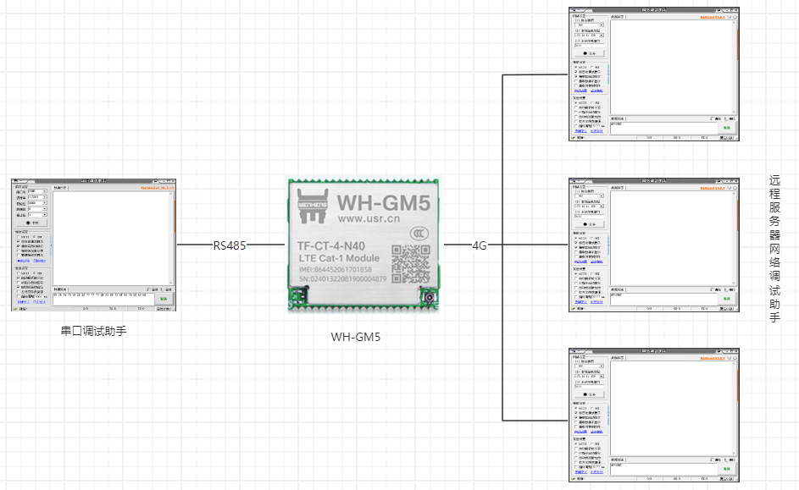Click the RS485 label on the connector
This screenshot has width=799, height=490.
pyautogui.click(x=230, y=245)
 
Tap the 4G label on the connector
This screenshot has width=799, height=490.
pyautogui.click(x=480, y=245)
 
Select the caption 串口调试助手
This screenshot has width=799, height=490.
pyautogui.click(x=94, y=331)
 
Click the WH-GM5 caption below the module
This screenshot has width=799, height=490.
pyautogui.click(x=356, y=337)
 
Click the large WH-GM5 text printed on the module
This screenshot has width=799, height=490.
pyautogui.click(x=384, y=204)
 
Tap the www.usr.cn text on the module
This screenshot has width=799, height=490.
pyautogui.click(x=375, y=219)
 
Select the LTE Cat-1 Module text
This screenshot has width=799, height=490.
pyautogui.click(x=339, y=258)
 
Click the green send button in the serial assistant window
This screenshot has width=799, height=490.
pyautogui.click(x=161, y=298)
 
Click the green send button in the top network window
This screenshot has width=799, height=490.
pyautogui.click(x=726, y=127)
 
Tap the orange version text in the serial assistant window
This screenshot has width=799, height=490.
pyautogui.click(x=157, y=188)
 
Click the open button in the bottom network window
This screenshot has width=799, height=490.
pyautogui.click(x=590, y=394)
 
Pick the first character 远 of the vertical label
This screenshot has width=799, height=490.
pyautogui.click(x=774, y=181)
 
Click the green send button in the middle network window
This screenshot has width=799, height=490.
pyautogui.click(x=726, y=298)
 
